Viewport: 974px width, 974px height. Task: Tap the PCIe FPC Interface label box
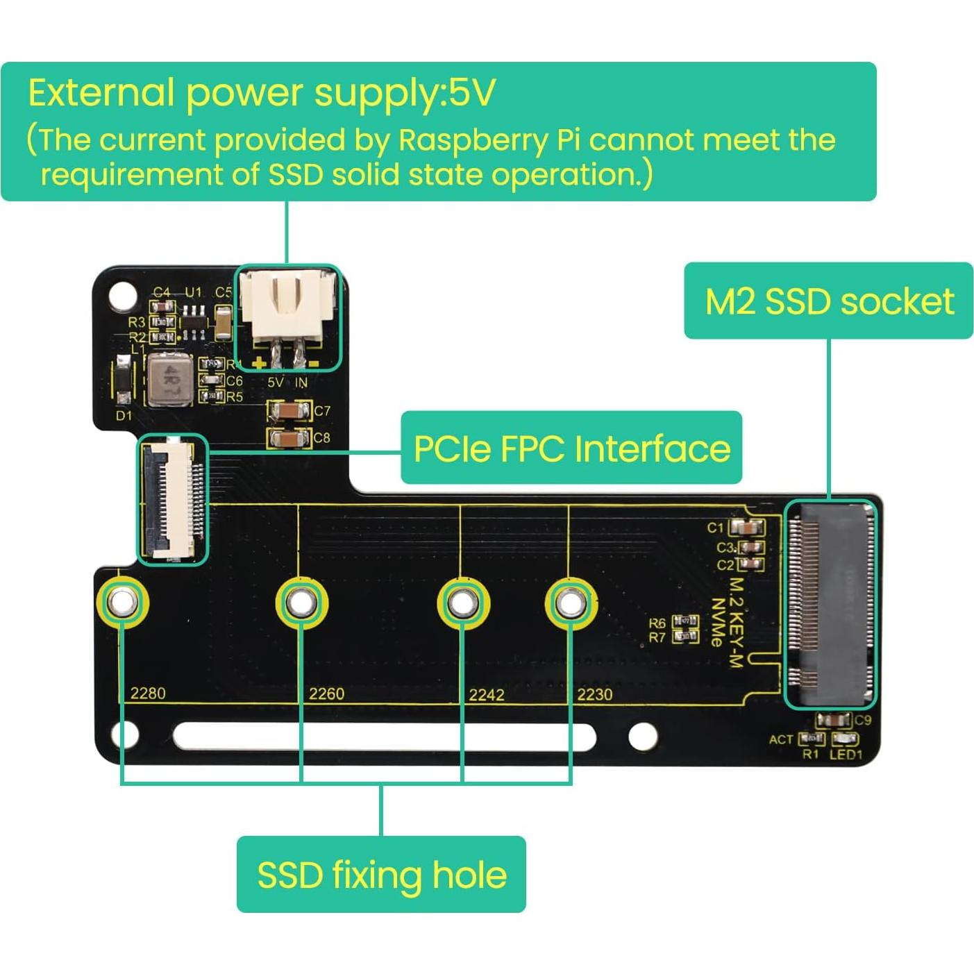(x=571, y=448)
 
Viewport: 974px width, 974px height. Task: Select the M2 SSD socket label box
(x=829, y=301)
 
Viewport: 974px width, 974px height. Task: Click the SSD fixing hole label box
(x=381, y=874)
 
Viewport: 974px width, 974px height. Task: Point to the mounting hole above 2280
(x=123, y=602)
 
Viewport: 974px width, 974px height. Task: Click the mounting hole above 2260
(x=301, y=603)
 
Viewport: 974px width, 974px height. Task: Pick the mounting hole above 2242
(x=462, y=603)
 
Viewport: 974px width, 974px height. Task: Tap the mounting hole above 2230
(x=569, y=603)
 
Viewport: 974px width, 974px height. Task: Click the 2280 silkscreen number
(x=148, y=693)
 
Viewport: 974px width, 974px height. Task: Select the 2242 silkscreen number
(x=486, y=694)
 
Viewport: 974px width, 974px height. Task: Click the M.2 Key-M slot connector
(x=830, y=603)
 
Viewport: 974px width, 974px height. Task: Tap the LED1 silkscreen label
(x=845, y=755)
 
